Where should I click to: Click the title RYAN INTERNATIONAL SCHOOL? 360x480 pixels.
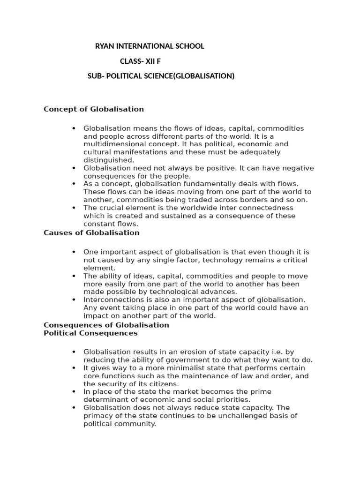150,46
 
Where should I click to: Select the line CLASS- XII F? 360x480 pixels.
143,61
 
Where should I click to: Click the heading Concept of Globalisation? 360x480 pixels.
94,109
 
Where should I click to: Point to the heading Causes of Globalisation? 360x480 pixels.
91,232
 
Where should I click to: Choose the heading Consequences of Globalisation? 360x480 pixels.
106,325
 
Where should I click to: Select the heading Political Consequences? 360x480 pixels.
90,333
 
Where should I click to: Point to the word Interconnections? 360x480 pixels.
112,300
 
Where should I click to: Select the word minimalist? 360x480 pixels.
183,368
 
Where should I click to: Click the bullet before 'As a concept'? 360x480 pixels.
74,184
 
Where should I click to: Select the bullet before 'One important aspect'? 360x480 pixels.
74,252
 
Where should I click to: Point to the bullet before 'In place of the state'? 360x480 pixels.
74,391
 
